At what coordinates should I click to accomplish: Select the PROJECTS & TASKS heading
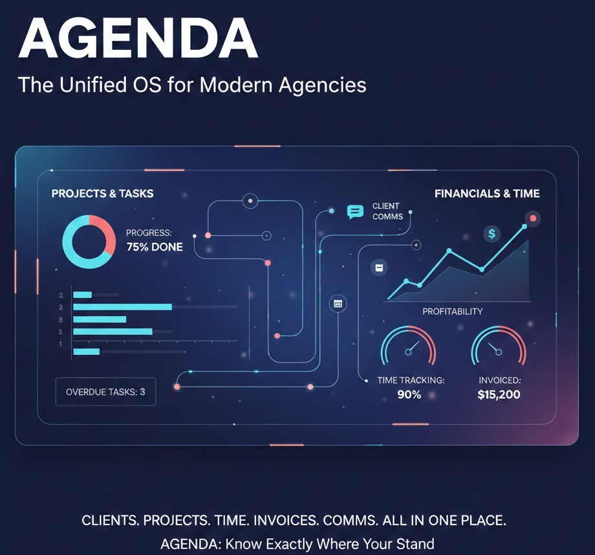102,194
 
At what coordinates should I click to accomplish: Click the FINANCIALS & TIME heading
487,194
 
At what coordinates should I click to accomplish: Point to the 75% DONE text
155,247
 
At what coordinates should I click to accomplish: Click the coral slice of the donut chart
105,233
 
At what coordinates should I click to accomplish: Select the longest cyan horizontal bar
122,307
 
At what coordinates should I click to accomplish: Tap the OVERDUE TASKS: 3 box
105,392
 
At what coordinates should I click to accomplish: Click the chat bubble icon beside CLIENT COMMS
355,212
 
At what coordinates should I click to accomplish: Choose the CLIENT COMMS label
387,211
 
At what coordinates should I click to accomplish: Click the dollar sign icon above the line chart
492,234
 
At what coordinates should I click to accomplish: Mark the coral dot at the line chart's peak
533,218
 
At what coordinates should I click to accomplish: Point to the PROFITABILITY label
452,311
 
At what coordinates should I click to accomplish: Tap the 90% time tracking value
409,394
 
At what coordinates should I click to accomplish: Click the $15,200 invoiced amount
499,394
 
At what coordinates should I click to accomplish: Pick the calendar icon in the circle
338,303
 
